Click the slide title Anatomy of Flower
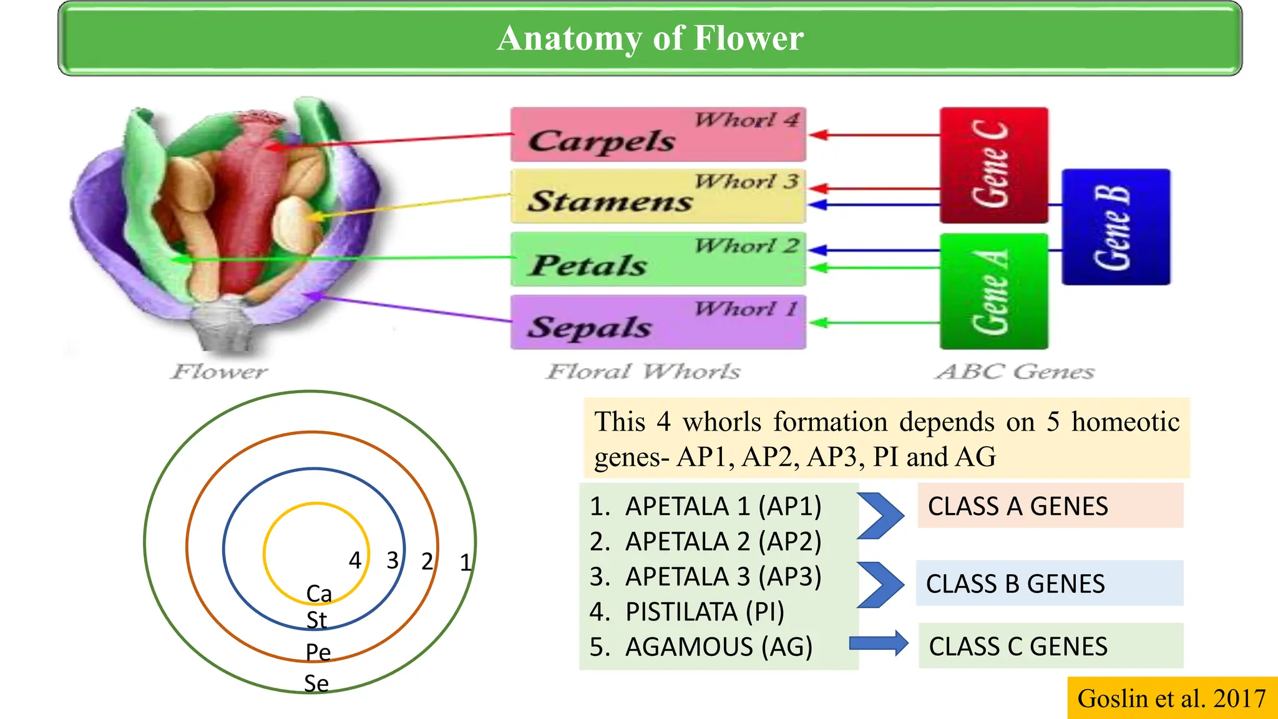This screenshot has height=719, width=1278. click(x=650, y=38)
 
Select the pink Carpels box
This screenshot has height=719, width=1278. click(x=658, y=135)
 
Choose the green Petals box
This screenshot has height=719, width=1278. click(x=658, y=260)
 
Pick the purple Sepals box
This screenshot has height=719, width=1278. click(x=658, y=323)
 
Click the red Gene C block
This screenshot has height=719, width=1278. click(x=993, y=165)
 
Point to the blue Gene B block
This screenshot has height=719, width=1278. click(x=1116, y=227)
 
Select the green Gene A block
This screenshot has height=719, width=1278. click(x=993, y=291)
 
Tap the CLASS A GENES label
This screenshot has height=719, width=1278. click(x=1018, y=506)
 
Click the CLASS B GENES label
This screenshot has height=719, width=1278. click(x=1015, y=584)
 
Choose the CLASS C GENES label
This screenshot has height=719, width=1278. click(x=1018, y=647)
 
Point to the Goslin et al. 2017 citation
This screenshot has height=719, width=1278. click(x=1171, y=698)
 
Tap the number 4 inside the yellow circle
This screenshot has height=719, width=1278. click(x=355, y=560)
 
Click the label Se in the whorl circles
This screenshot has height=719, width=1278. click(x=316, y=683)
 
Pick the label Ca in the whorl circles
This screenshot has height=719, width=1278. click(x=319, y=594)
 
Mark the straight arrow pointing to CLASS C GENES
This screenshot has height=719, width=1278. click(x=879, y=643)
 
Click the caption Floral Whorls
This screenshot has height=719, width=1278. click(x=643, y=372)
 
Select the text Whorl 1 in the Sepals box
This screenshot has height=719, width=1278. click(x=746, y=309)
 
